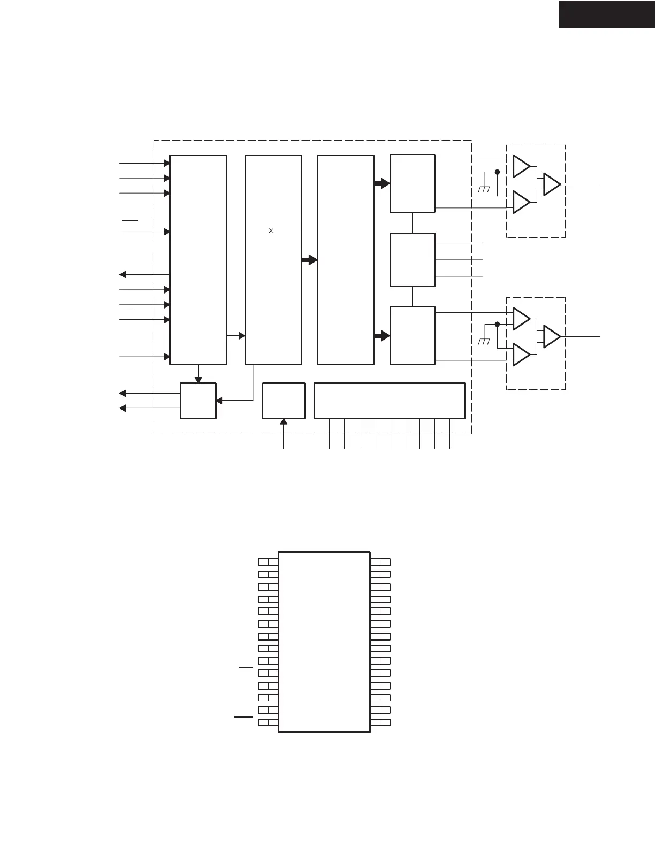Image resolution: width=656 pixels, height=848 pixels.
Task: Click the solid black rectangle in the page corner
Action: (607, 14)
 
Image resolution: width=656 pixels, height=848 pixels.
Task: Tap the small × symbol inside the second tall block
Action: (271, 230)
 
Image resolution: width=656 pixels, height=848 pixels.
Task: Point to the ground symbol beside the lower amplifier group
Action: (484, 341)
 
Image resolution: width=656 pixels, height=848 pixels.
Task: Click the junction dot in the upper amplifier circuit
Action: (497, 172)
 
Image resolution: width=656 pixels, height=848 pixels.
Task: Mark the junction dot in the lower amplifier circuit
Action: (497, 324)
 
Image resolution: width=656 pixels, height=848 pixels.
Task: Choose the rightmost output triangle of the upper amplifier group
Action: (552, 184)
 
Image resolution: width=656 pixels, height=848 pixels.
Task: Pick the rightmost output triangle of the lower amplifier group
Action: (552, 336)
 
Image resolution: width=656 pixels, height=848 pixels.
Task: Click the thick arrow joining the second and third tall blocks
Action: (309, 260)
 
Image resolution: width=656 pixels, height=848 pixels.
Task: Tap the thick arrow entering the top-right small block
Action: (382, 183)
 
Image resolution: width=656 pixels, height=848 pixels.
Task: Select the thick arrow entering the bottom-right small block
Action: (382, 336)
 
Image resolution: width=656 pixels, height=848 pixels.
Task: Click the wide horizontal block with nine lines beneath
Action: (389, 400)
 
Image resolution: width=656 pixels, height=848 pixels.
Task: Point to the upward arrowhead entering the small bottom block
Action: (284, 422)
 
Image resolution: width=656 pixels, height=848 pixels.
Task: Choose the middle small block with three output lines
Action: (412, 260)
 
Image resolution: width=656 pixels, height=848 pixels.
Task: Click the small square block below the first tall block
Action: (198, 400)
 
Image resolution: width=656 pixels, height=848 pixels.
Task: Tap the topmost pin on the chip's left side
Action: (268, 562)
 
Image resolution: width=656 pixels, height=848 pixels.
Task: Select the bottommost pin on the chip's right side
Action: (380, 722)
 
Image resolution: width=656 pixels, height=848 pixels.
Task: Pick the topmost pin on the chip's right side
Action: (380, 562)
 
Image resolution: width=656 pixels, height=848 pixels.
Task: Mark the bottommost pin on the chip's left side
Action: (268, 722)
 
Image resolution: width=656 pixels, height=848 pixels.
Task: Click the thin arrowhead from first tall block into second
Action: (242, 335)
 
